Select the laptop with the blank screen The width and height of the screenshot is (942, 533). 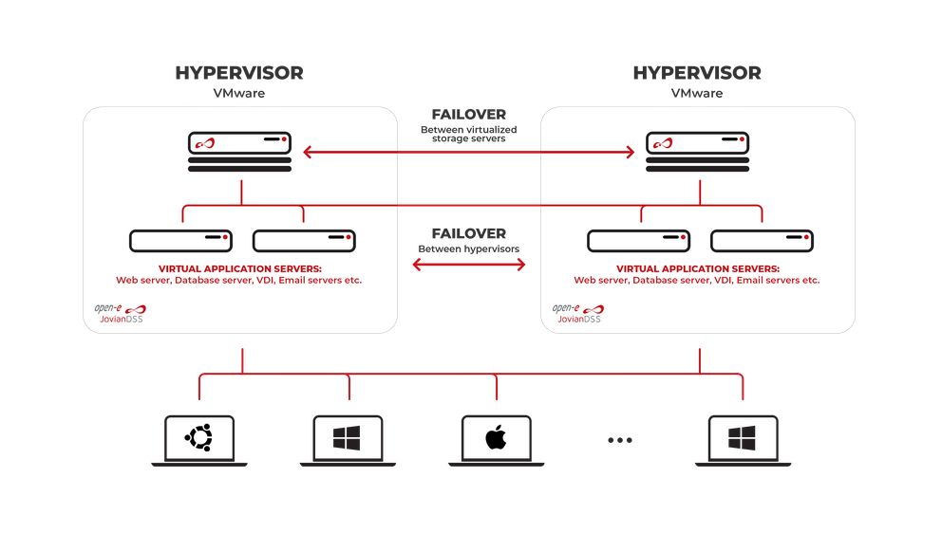[496, 439]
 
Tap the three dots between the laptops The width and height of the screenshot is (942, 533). [619, 440]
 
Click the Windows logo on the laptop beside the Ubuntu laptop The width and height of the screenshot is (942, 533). [348, 438]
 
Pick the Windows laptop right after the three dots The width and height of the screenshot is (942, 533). [743, 438]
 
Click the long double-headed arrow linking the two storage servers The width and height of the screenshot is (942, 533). [468, 151]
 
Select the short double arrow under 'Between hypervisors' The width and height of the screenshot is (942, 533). [468, 266]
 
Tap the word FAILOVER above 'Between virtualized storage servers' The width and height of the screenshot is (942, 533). [468, 115]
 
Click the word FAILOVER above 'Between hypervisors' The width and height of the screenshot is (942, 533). [468, 233]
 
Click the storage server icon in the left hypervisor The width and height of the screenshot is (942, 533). [239, 152]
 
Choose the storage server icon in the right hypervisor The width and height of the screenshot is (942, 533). [697, 152]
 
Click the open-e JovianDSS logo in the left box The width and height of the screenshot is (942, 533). [121, 314]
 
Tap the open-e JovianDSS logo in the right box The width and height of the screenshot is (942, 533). [578, 314]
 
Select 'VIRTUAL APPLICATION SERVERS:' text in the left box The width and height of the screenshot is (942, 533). [239, 268]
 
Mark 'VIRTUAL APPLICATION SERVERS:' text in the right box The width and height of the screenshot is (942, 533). [697, 268]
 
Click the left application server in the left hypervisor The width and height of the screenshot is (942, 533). [181, 240]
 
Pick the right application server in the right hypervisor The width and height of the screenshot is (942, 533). [762, 240]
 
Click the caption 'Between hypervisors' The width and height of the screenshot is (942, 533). [468, 248]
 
